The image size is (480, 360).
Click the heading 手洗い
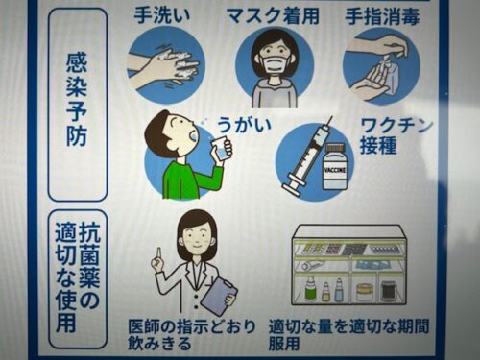click(161, 15)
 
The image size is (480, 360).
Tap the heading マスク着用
click(273, 16)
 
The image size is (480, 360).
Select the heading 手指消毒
click(382, 16)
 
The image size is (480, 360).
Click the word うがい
click(244, 125)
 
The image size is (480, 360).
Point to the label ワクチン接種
click(396, 136)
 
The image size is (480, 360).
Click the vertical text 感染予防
click(77, 100)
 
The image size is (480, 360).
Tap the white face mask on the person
click(275, 63)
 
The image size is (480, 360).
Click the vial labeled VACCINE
click(335, 166)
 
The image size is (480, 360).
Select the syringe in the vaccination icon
click(308, 156)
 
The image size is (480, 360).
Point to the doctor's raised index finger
click(157, 255)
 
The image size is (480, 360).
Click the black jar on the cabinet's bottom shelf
click(388, 291)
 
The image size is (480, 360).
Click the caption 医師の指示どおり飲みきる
click(191, 335)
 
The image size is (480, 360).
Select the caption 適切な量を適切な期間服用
click(348, 335)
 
